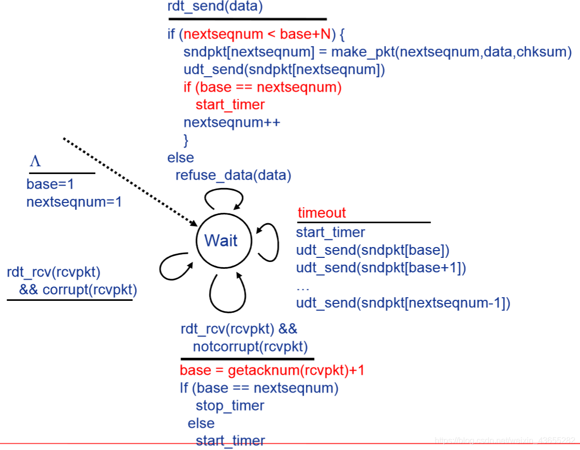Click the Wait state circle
point(224,240)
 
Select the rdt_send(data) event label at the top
point(215,7)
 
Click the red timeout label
point(321,213)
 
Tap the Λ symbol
point(35,162)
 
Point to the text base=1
point(51,184)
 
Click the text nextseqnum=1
point(74,201)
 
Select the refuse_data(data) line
point(233,175)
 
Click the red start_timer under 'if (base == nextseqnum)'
point(230,105)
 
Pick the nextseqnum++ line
point(232,122)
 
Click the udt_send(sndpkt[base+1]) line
point(381,268)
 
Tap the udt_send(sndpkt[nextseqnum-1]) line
point(403,303)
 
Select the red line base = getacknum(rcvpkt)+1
point(272,370)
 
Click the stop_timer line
point(230,405)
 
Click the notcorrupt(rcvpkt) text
point(250,346)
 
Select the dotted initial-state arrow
point(129,181)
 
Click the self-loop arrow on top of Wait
point(224,196)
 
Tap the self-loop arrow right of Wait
point(271,241)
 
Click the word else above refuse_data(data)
point(181,157)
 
